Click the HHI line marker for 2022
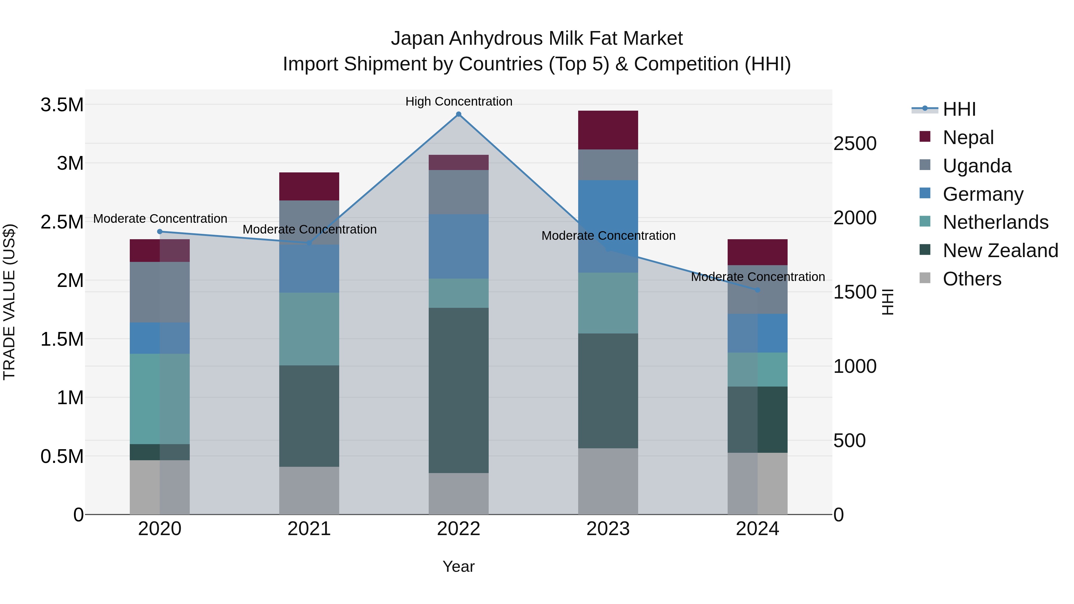(458, 114)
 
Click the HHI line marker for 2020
(160, 231)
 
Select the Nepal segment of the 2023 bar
(608, 130)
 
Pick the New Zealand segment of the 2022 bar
(458, 390)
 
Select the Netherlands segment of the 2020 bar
(160, 398)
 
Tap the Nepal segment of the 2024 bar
(757, 252)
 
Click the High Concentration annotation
(459, 101)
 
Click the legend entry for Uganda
(976, 166)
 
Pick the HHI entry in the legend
(959, 109)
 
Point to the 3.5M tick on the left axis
(62, 105)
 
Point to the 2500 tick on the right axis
(855, 144)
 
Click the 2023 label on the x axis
(608, 529)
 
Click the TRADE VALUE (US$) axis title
(9, 302)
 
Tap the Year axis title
(458, 566)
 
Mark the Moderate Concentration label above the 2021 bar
(309, 229)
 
